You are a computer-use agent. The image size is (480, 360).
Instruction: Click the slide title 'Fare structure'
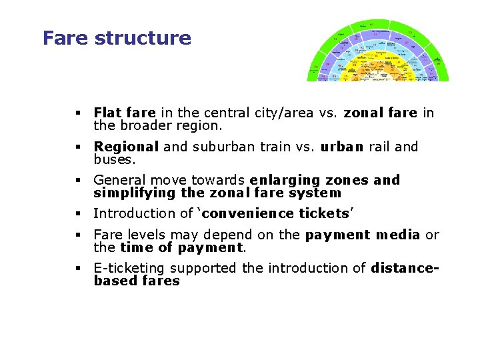coord(117,38)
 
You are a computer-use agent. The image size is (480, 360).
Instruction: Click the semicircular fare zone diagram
coord(377,52)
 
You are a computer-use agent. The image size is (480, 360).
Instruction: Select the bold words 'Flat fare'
coord(125,113)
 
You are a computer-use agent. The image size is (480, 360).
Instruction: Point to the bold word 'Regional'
coord(126,147)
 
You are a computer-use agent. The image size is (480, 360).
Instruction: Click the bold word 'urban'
coord(342,147)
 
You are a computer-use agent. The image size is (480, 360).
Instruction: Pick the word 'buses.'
coord(115,159)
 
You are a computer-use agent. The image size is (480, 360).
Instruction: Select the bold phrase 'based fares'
coord(137,281)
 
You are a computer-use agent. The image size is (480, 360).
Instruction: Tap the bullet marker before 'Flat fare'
coord(79,113)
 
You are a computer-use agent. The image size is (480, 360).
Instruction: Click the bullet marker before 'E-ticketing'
coord(79,269)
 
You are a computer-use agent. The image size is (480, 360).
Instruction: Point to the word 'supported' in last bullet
coord(203,268)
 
